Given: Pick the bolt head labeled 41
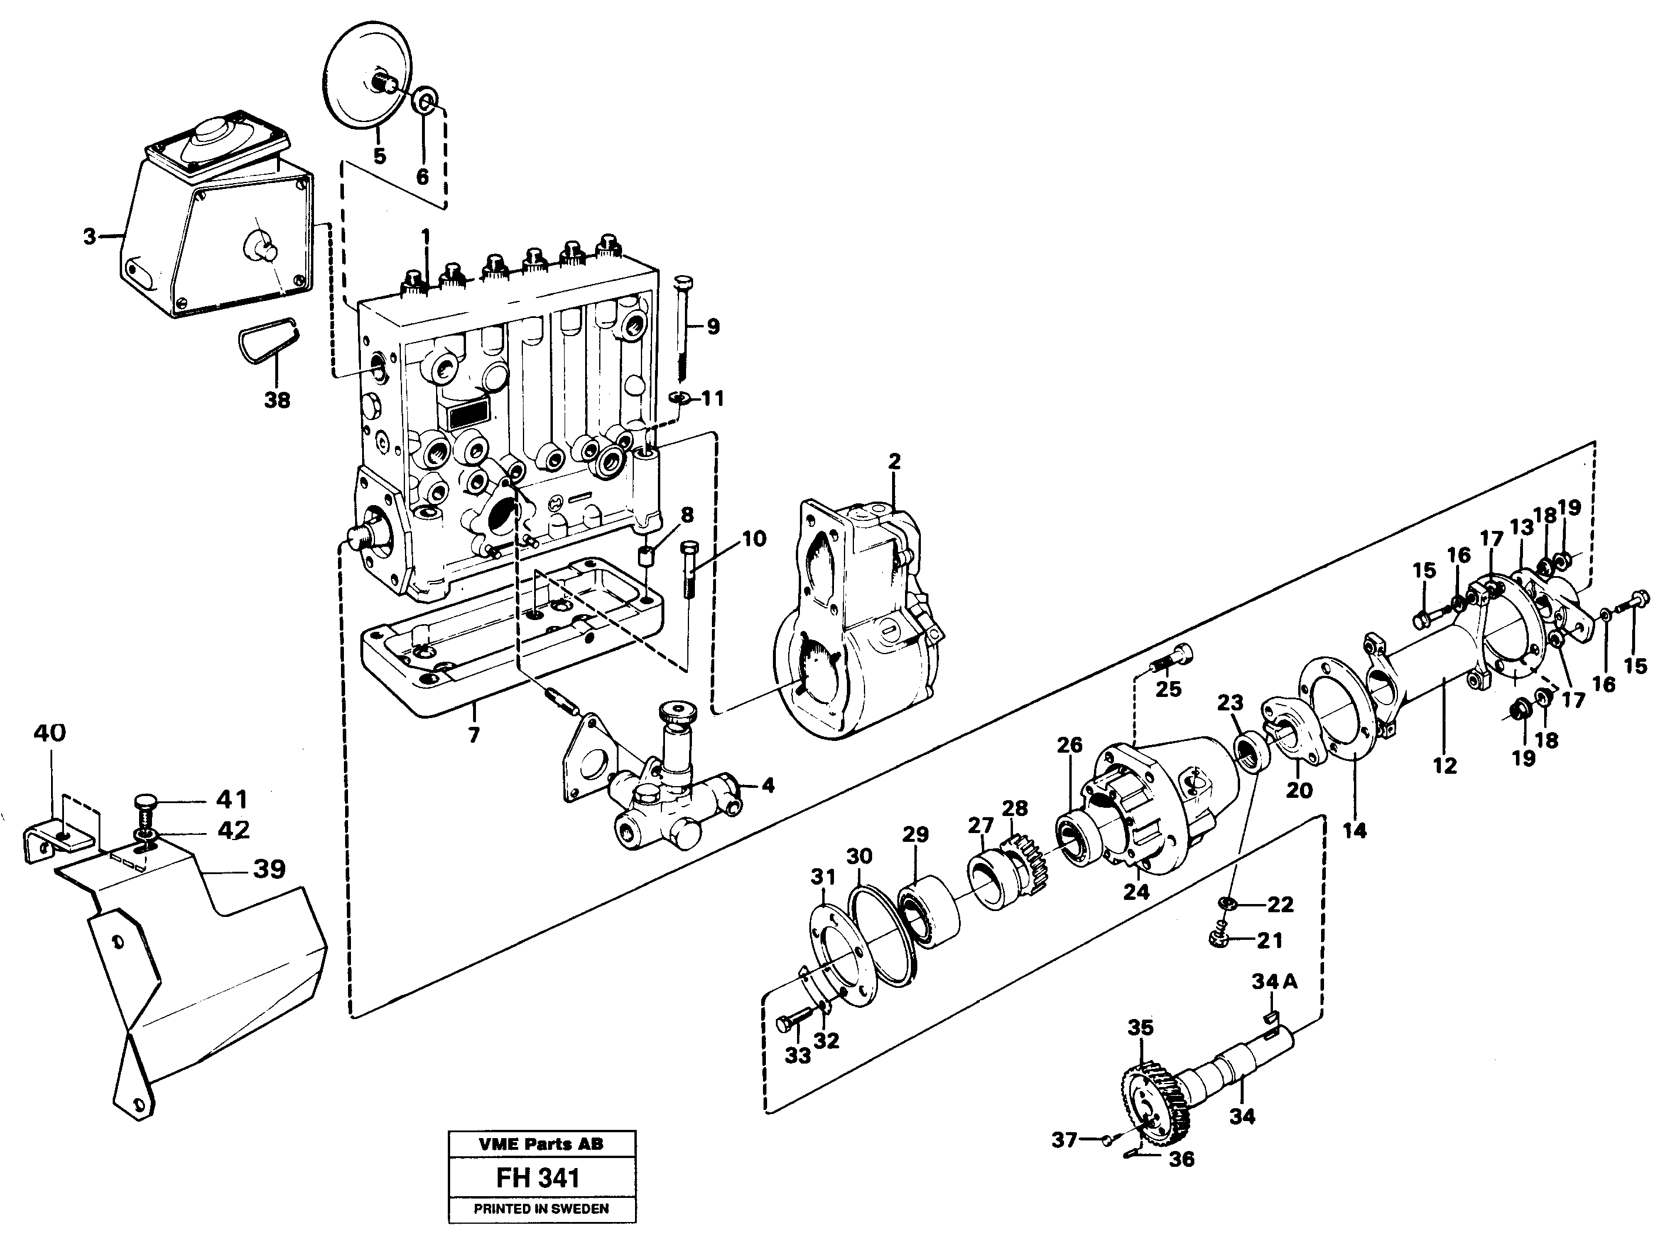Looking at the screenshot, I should pos(146,805).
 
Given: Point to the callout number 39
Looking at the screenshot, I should pos(269,869).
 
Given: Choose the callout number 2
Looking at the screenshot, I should pos(893,462).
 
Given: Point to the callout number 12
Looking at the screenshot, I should pos(1444,765).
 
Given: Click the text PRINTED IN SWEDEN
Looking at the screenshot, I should pos(541,1208).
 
